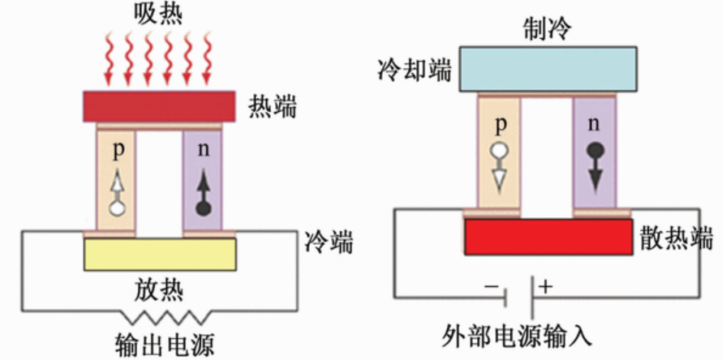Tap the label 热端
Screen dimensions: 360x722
(273, 106)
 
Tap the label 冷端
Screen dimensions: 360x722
(329, 241)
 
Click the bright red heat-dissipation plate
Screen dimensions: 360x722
(548, 236)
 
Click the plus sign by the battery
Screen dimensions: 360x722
(545, 285)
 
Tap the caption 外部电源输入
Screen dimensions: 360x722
(519, 334)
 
